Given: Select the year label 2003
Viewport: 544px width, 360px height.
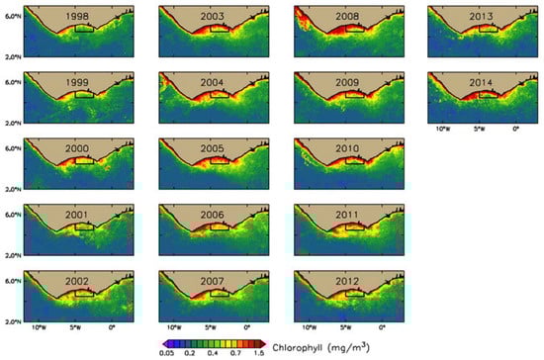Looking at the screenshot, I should click(212, 17).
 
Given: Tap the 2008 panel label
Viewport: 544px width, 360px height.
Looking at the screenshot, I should click(346, 17).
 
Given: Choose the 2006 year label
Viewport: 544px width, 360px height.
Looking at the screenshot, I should click(212, 215).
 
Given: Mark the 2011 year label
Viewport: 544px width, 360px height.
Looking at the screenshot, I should click(346, 215).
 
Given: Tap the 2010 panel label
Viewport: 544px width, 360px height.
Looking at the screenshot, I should click(346, 149).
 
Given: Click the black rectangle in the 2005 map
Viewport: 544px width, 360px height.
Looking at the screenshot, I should click(220, 160).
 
